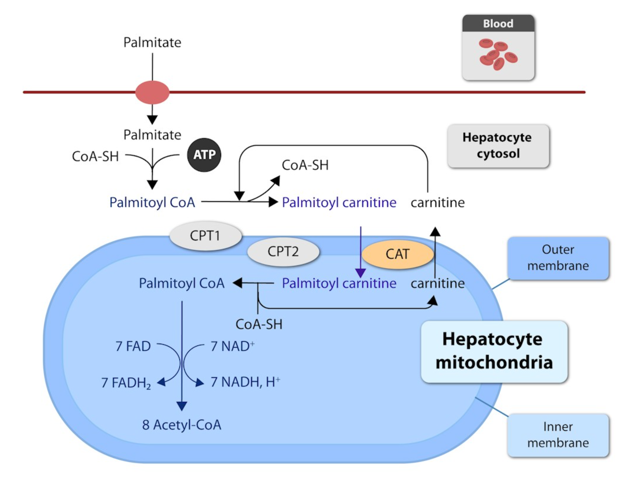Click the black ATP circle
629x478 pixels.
[x=204, y=155]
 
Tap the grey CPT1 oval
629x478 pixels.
[x=205, y=236]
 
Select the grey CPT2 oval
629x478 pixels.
[x=283, y=252]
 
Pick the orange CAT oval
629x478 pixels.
[x=397, y=254]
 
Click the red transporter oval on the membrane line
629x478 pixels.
[x=152, y=92]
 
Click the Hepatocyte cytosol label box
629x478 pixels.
[x=498, y=146]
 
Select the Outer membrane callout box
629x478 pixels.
[x=558, y=258]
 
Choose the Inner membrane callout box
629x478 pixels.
[x=558, y=435]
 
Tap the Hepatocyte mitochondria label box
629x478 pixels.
[x=494, y=351]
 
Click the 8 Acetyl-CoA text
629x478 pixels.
[x=182, y=425]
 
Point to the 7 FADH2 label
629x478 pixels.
[x=126, y=383]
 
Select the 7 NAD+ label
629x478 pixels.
[x=233, y=346]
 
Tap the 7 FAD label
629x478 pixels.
[x=133, y=346]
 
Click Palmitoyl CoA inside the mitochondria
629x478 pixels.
[x=182, y=283]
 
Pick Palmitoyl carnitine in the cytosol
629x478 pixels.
[x=339, y=202]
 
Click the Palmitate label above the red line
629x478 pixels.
[x=152, y=43]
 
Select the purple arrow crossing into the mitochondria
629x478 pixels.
[x=360, y=252]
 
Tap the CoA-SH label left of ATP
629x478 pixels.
[x=95, y=156]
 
